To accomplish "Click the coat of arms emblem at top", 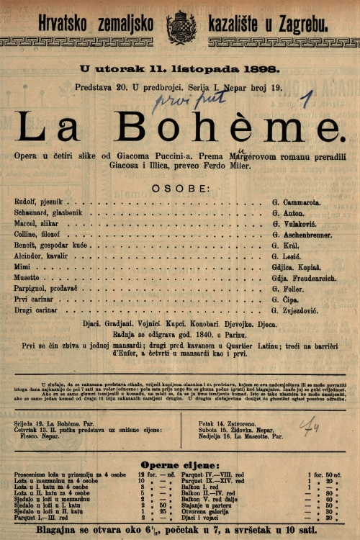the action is tap(181, 27).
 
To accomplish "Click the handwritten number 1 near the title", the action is tap(307, 98).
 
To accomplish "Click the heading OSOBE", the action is tap(180, 188).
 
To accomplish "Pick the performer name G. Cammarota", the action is tap(297, 202).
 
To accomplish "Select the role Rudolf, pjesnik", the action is tap(37, 202).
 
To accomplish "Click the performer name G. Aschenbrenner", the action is tap(302, 234).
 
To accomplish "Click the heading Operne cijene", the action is tap(179, 465).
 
